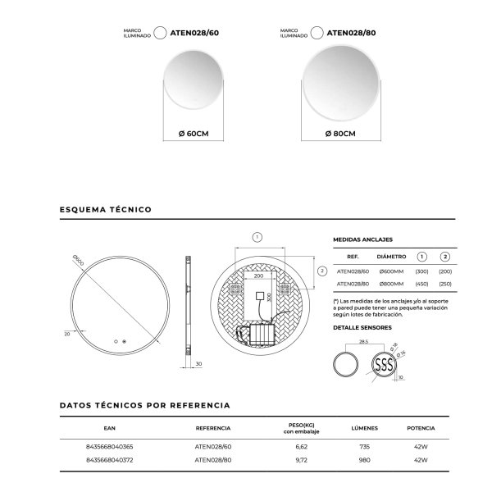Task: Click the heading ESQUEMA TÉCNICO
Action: pos(106,210)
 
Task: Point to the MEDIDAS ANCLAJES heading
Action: pos(363,240)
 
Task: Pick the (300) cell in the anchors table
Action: pos(422,271)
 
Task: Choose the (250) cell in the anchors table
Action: pos(445,284)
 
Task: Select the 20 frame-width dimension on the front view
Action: pos(66,333)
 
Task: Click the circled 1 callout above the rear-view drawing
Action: pos(257,237)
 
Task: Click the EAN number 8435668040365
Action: pos(109,446)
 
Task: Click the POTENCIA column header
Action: pos(421,428)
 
